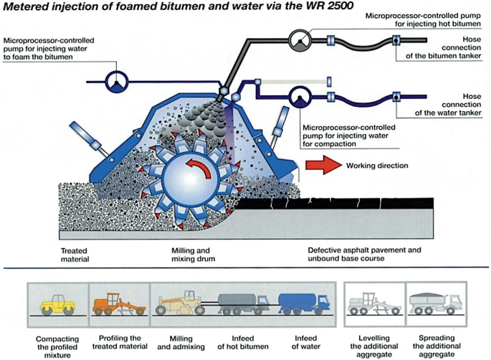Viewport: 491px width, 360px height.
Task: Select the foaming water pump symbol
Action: point(115,82)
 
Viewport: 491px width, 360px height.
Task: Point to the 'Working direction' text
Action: point(377,166)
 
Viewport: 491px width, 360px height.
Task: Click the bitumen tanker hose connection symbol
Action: point(396,41)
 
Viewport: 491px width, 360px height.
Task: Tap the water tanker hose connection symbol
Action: point(396,96)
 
